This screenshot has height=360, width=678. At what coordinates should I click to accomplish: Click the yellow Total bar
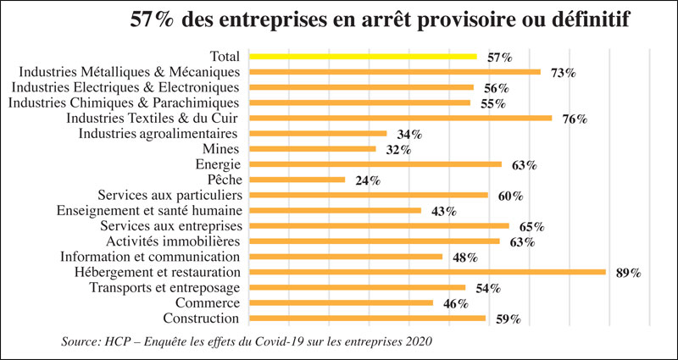pyautogui.click(x=364, y=57)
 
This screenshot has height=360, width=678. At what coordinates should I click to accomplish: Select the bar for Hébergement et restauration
pyautogui.click(x=428, y=272)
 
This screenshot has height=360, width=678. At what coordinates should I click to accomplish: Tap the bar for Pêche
pyautogui.click(x=297, y=180)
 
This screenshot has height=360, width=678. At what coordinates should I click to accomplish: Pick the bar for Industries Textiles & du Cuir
pyautogui.click(x=401, y=119)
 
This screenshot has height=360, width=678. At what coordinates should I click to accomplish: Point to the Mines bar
pyautogui.click(x=313, y=149)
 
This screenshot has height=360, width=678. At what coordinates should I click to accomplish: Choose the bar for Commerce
pyautogui.click(x=342, y=302)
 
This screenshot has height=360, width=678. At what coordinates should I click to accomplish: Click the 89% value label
pyautogui.click(x=628, y=273)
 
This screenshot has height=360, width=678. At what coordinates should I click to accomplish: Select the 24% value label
pyautogui.click(x=368, y=180)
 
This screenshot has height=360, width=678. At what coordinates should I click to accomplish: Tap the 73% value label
pyautogui.click(x=563, y=73)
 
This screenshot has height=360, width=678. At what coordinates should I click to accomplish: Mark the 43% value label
pyautogui.click(x=444, y=211)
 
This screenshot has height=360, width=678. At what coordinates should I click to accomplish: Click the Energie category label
pyautogui.click(x=217, y=164)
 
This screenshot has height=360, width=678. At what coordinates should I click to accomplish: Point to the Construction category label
pyautogui.click(x=201, y=318)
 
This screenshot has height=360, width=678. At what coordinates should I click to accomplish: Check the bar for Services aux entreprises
pyautogui.click(x=380, y=226)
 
